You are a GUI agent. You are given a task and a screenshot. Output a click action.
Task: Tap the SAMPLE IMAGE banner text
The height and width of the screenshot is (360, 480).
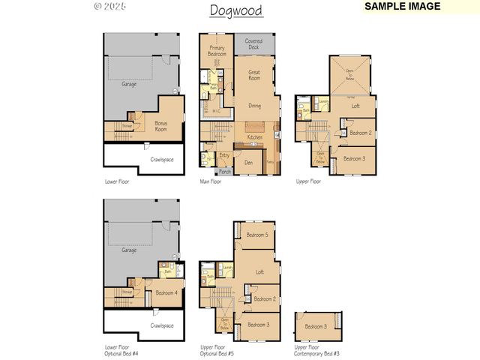click(x=403, y=6)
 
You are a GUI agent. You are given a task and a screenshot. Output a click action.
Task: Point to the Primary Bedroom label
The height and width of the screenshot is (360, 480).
click(x=217, y=51)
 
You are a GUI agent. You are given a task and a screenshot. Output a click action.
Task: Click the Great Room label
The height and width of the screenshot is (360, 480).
click(x=254, y=74)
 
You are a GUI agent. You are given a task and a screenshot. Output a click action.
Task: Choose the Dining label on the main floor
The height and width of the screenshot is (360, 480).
click(x=255, y=106)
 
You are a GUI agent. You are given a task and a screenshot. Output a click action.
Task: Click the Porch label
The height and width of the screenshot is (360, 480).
click(x=224, y=172)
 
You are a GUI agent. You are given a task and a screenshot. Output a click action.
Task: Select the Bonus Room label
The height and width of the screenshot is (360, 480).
click(x=161, y=126)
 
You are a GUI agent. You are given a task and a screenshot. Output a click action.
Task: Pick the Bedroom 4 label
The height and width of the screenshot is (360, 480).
click(x=166, y=293)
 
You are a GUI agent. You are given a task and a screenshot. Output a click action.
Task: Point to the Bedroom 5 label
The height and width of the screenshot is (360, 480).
click(x=256, y=235)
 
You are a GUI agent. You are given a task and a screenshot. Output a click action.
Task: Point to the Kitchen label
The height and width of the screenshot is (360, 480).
click(x=255, y=137)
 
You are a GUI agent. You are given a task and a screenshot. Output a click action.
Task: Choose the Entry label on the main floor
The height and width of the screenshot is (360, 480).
click(x=224, y=155)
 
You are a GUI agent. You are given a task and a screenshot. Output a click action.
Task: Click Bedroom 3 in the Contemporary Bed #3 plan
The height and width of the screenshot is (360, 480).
click(x=316, y=326)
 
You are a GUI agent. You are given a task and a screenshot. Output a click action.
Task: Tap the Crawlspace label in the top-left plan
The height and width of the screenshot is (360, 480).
click(x=162, y=160)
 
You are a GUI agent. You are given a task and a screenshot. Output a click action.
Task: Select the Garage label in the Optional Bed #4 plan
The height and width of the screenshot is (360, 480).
click(x=129, y=250)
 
